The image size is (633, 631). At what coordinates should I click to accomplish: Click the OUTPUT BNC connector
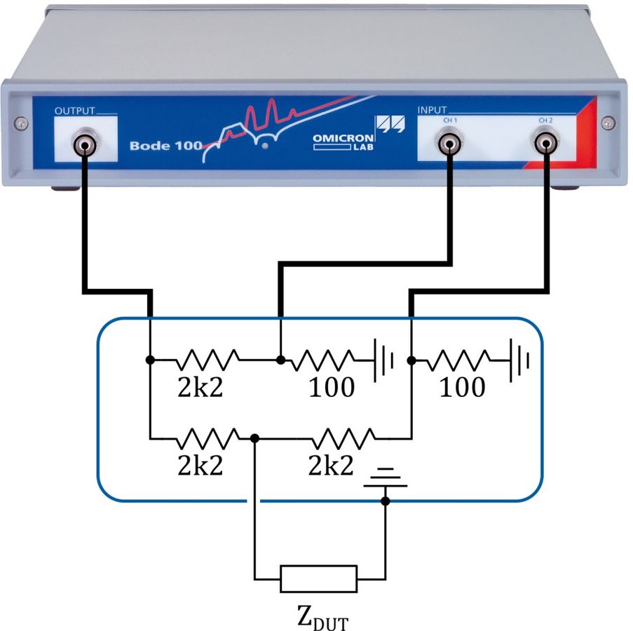(x=83, y=146)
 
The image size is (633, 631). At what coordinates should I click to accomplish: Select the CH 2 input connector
(x=544, y=145)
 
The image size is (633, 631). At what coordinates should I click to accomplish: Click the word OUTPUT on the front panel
(x=74, y=111)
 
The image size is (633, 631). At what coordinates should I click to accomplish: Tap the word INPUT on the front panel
(x=431, y=111)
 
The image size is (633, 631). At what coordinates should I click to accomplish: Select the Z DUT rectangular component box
(x=318, y=579)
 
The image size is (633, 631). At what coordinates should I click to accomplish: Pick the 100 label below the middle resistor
(x=332, y=387)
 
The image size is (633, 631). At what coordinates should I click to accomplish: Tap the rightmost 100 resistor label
(x=462, y=387)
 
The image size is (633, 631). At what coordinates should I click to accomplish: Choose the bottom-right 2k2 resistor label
(x=331, y=466)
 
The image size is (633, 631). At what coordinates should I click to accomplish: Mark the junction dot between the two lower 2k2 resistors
(x=255, y=438)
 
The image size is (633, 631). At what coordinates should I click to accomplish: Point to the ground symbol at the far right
(x=519, y=360)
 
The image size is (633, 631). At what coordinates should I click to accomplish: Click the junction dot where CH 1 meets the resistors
(x=280, y=360)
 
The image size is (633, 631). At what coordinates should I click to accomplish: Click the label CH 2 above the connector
(x=545, y=121)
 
